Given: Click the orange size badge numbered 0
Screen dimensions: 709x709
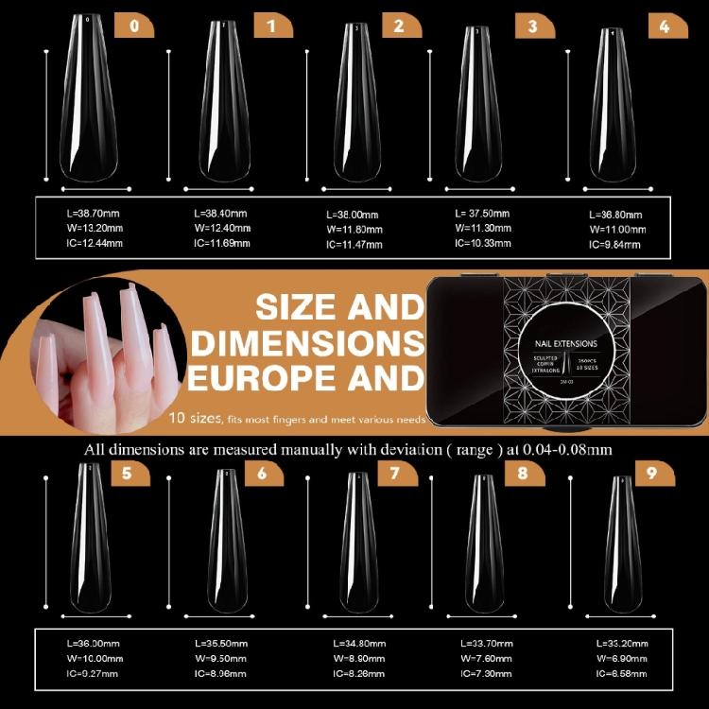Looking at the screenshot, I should click(x=133, y=26).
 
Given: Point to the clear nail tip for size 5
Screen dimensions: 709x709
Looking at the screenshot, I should click(x=91, y=539).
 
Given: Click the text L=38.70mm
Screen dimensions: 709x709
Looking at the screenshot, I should click(x=91, y=214).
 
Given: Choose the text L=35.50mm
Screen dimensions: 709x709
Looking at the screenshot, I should click(x=220, y=643).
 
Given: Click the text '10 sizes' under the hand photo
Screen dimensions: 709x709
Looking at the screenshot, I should click(x=196, y=417).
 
